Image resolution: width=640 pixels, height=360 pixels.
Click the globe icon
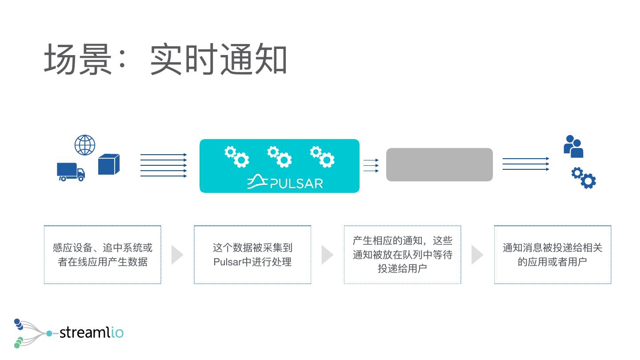click(85, 145)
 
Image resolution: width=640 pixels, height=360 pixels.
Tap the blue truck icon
click(71, 172)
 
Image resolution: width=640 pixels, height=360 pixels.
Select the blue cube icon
click(109, 164)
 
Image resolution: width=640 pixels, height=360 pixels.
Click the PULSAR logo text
click(285, 182)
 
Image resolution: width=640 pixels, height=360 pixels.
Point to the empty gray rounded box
click(439, 165)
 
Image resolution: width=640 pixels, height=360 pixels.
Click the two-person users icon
click(573, 146)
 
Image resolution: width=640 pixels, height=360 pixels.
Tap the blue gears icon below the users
click(584, 177)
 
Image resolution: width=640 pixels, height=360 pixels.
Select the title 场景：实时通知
click(165, 60)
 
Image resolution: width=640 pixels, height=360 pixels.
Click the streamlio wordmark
click(91, 332)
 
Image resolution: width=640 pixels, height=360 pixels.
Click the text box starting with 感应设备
click(102, 255)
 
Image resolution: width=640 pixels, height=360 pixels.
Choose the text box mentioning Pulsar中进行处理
click(252, 255)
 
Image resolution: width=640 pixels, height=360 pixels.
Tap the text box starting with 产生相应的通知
click(402, 255)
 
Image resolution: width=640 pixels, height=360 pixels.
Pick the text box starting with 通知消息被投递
click(552, 255)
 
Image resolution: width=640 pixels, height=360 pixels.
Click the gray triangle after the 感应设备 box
click(177, 255)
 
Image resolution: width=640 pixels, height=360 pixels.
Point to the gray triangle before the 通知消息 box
click(477, 255)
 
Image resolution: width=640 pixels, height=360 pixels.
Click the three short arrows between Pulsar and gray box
click(371, 165)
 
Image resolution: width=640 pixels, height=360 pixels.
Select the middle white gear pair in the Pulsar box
click(279, 156)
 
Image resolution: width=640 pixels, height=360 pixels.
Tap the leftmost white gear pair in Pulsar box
click(236, 156)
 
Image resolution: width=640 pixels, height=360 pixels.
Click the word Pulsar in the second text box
click(227, 262)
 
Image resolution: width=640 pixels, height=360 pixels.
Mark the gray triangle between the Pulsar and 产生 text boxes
click(327, 255)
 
